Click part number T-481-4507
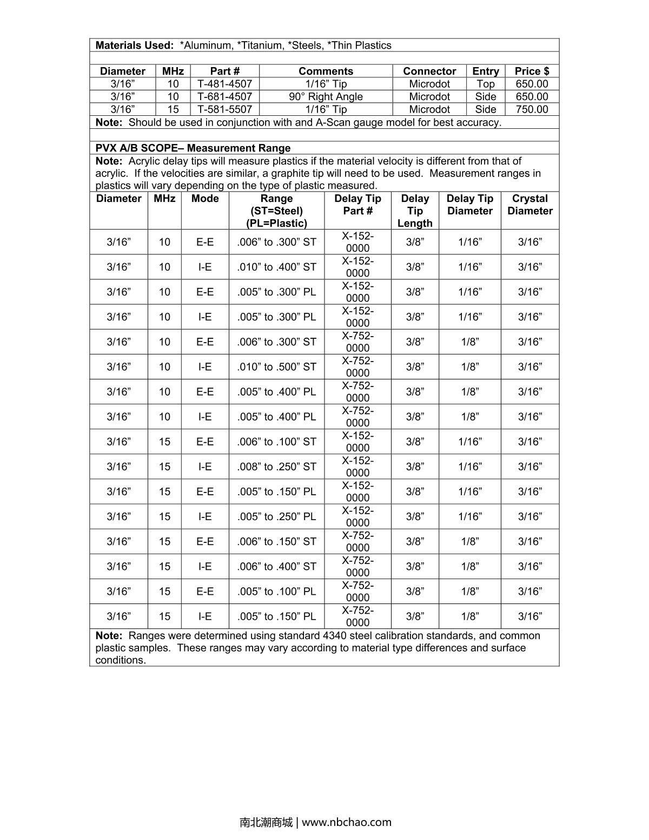[x=224, y=84]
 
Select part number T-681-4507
[x=224, y=97]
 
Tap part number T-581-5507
[x=224, y=109]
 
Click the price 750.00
[x=532, y=109]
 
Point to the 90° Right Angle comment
[x=326, y=97]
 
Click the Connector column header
[x=429, y=71]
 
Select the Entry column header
[x=485, y=71]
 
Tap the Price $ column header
[x=532, y=71]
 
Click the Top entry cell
[x=485, y=84]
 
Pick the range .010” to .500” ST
[x=276, y=367]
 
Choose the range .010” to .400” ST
[x=276, y=267]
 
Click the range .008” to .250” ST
[x=276, y=467]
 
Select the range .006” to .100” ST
[x=276, y=442]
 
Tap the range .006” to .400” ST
[x=276, y=567]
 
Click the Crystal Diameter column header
[x=529, y=205]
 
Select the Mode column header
[x=205, y=199]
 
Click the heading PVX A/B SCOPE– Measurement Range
[x=193, y=148]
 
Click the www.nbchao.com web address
[x=346, y=822]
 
